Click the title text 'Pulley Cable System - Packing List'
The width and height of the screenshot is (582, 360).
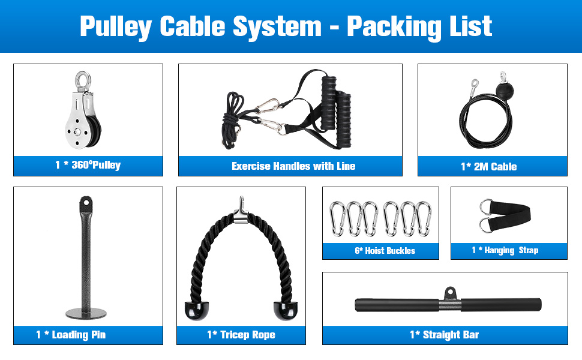[286, 26]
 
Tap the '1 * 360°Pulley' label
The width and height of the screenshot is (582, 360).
[88, 166]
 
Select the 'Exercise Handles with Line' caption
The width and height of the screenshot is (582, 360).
[293, 166]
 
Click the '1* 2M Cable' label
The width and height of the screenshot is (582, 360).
[488, 167]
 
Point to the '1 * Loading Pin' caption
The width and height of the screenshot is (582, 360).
[71, 335]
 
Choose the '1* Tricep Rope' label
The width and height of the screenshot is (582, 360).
[241, 335]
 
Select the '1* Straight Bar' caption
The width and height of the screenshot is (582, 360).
[445, 335]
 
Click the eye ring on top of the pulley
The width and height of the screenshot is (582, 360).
[81, 80]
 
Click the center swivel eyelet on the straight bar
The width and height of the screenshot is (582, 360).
[450, 293]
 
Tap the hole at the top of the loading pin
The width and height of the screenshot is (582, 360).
[86, 203]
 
